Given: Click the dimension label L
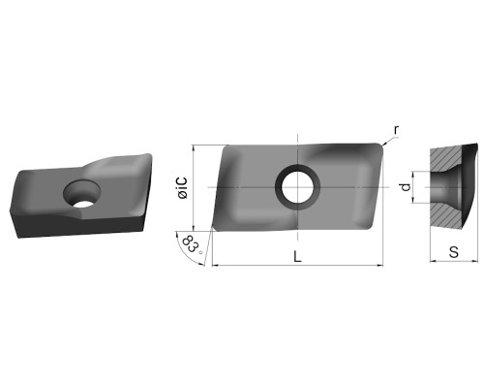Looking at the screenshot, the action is pos(297,257).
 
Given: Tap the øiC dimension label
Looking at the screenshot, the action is pos(183,188).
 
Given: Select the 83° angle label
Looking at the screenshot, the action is pos(193,245).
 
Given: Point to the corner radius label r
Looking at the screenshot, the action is pos(396,130).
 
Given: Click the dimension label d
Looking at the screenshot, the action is pos(406,187).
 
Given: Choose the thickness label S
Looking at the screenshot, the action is pos(454,252).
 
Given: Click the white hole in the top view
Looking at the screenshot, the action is pos(297,187).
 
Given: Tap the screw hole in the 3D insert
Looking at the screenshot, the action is pos(82,193).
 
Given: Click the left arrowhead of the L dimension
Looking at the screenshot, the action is pos(214,266).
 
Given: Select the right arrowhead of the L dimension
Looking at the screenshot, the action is pos(380,266).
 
